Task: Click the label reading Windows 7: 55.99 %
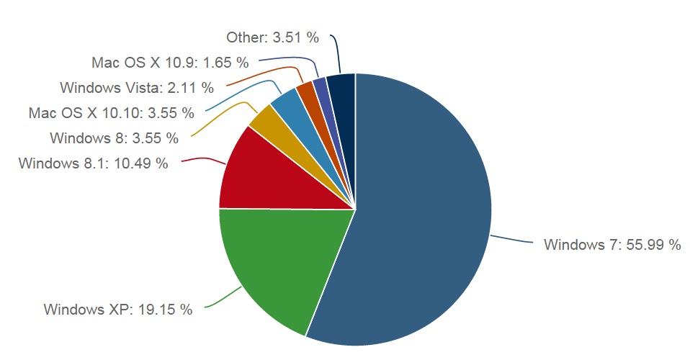click(612, 245)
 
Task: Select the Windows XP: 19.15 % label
click(118, 310)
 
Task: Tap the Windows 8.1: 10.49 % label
click(94, 163)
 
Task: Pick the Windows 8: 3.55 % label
click(114, 138)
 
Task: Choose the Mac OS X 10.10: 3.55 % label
click(112, 113)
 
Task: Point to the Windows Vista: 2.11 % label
click(137, 88)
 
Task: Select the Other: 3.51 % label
click(272, 37)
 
